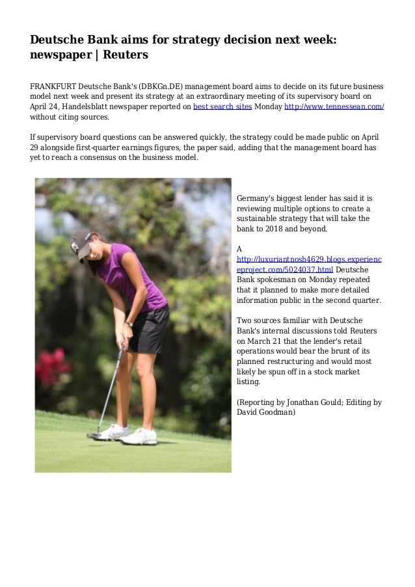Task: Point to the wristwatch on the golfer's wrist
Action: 129,323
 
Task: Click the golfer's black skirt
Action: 151,328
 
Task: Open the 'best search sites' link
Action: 222,107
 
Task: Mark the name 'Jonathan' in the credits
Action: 304,402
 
